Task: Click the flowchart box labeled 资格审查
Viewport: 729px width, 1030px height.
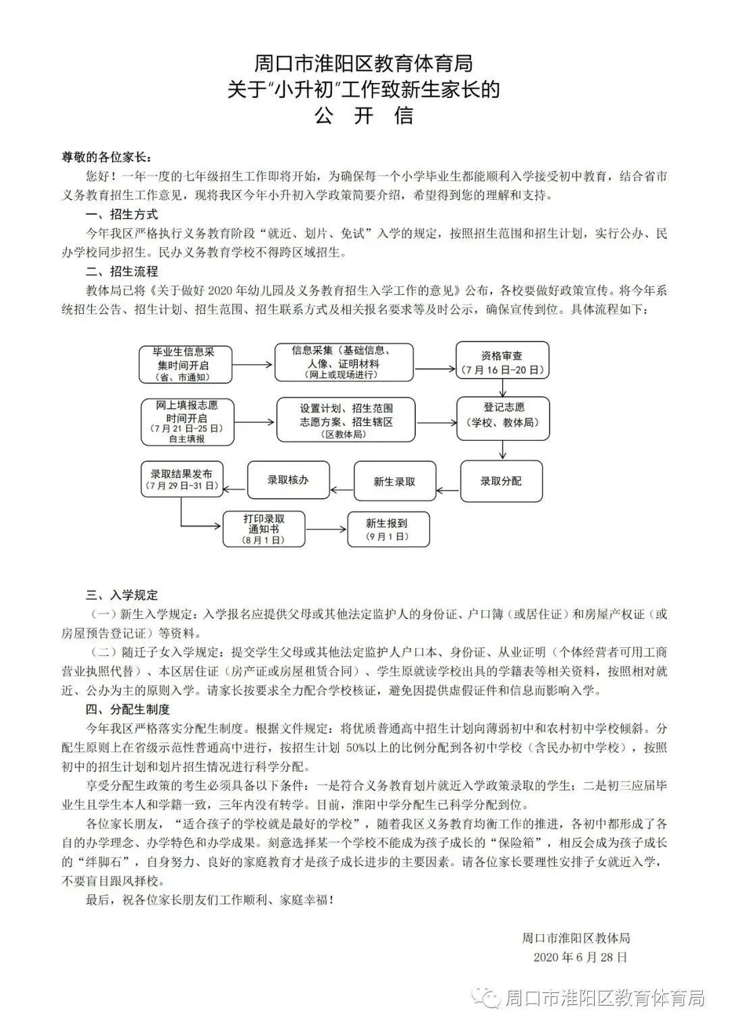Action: pos(502,362)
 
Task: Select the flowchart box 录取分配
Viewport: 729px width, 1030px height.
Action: pos(502,481)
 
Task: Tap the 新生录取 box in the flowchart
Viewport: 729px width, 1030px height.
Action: pos(395,481)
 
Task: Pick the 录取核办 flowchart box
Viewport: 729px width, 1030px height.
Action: pos(288,480)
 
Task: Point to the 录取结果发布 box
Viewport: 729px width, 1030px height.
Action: pos(181,479)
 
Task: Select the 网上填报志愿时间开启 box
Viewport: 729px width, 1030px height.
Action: pos(187,422)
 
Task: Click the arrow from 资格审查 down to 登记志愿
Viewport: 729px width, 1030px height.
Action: pos(503,388)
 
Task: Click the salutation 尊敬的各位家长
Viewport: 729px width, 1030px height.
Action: pos(104,157)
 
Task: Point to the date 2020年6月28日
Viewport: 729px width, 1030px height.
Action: pos(580,956)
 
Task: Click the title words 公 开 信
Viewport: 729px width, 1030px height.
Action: pos(364,115)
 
